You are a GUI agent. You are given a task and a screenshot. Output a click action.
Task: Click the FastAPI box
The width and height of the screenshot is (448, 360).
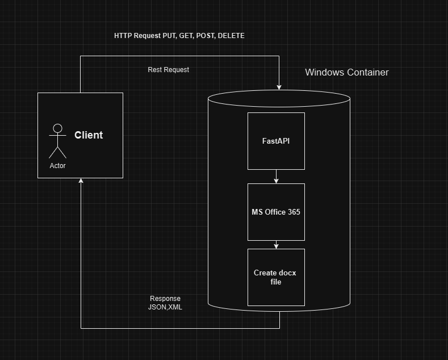[276, 141]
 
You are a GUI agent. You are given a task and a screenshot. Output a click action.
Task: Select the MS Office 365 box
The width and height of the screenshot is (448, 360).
[276, 212]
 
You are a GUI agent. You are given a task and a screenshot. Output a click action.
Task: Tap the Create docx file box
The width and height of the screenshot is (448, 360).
[276, 277]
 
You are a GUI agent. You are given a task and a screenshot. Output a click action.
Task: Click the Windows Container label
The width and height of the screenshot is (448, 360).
[346, 73]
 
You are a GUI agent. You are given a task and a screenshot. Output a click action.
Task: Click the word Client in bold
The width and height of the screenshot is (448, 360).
[89, 135]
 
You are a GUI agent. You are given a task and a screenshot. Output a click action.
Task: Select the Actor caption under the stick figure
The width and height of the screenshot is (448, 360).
[57, 166]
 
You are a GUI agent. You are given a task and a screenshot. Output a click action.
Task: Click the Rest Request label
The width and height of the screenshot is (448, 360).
[168, 70]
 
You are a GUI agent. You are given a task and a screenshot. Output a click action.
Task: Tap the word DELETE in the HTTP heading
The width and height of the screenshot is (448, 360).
[231, 36]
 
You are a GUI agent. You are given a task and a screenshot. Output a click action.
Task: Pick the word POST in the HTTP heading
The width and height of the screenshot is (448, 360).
[206, 36]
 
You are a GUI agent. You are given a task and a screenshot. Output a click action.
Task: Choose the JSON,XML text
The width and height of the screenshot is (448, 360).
[165, 307]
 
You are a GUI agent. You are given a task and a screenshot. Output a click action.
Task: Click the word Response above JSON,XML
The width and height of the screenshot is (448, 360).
[165, 299]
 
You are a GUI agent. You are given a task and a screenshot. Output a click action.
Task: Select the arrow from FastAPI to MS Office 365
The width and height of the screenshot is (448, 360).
[277, 177]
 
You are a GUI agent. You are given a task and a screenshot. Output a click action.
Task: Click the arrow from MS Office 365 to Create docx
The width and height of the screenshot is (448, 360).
[277, 245]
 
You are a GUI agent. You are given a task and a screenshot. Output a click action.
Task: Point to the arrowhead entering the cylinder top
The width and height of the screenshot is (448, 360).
[279, 87]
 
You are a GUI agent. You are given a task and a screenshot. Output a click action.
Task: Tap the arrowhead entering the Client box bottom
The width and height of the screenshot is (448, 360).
[81, 181]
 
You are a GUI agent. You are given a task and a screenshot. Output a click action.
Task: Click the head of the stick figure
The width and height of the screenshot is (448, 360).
[57, 128]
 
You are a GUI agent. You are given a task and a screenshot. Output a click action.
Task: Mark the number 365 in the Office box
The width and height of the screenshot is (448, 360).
[294, 212]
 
